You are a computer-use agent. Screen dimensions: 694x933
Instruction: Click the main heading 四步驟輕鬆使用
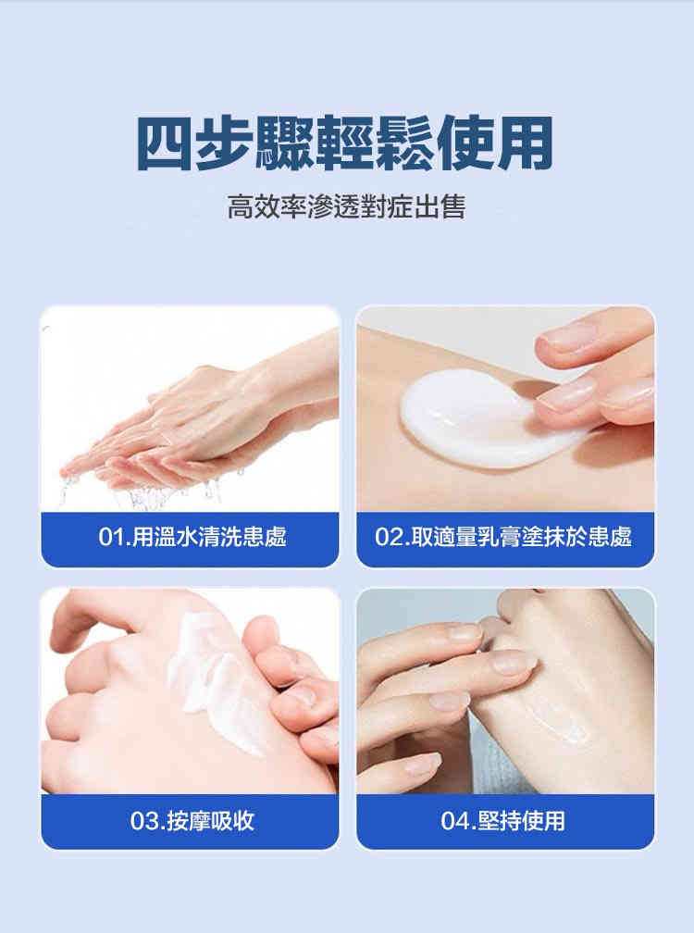click(345, 143)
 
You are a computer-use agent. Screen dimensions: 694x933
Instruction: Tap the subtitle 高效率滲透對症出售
click(346, 206)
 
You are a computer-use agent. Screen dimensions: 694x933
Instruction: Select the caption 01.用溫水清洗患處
click(192, 537)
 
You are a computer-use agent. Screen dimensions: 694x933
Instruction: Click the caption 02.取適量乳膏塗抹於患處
click(503, 537)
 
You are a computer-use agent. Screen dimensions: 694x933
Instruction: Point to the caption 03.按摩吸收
click(192, 820)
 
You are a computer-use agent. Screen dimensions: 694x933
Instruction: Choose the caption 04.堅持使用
click(503, 820)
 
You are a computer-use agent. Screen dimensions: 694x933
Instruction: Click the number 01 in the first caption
click(111, 537)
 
